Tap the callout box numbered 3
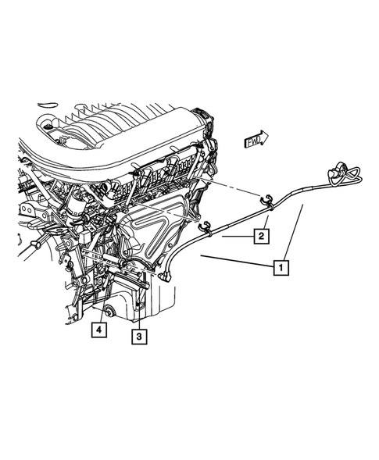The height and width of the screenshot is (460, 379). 138,337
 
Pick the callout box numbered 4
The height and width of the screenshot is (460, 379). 97,330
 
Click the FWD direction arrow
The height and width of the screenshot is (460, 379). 256,141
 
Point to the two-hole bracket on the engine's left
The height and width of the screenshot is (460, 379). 33,211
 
